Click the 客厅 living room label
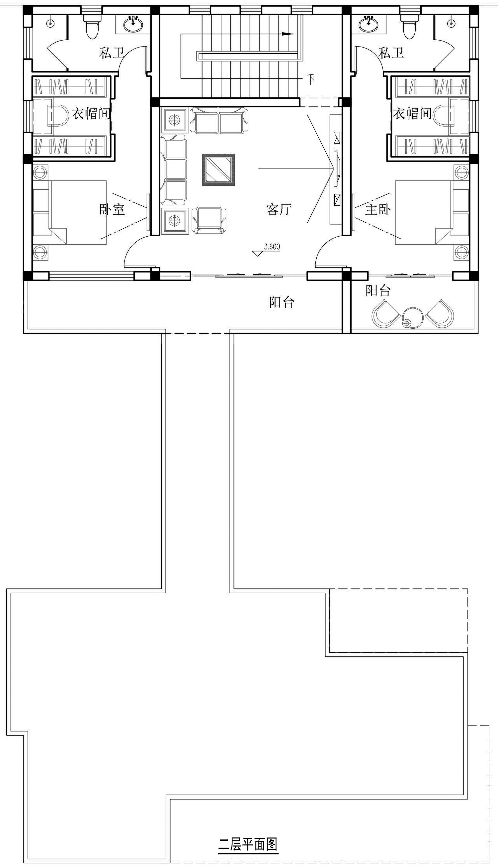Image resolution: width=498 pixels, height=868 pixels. click(279, 209)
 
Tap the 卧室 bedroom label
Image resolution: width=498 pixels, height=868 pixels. click(112, 209)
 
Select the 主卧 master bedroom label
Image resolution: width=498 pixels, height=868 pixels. click(378, 209)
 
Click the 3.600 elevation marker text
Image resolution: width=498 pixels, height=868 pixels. click(272, 247)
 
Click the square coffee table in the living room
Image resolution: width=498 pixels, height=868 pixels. click(218, 170)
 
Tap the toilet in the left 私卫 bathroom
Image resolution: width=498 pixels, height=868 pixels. click(91, 26)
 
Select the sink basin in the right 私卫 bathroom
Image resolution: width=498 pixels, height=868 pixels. click(369, 23)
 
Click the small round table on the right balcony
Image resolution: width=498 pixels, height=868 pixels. click(412, 317)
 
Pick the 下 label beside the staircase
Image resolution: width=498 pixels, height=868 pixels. click(310, 79)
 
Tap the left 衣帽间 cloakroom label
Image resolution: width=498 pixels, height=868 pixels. click(91, 113)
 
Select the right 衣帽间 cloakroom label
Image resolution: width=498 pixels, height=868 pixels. click(412, 113)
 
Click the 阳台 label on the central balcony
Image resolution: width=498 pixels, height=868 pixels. click(282, 302)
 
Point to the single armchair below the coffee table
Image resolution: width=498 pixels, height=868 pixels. click(208, 220)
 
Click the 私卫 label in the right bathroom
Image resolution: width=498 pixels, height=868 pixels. click(391, 53)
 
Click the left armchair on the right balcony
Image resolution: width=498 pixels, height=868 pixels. click(385, 313)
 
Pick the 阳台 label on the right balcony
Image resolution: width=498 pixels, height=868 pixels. click(378, 290)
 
